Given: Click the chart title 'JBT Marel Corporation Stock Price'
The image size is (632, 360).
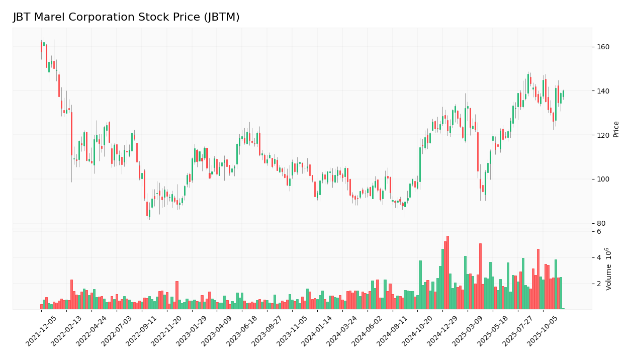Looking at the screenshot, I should (126, 18).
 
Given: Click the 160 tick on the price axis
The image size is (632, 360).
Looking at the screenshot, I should (603, 47).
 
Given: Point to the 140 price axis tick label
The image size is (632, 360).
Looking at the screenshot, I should (603, 91).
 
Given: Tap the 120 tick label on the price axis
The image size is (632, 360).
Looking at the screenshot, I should (603, 135).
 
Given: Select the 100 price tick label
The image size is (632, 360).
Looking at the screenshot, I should (603, 179).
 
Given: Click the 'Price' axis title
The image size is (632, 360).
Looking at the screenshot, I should (616, 129).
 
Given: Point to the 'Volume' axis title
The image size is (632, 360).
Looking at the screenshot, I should (609, 269).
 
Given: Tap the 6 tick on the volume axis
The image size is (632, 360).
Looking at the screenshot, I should (599, 232).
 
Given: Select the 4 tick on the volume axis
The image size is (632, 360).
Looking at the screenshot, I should (599, 258).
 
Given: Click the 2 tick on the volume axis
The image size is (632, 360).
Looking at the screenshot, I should (599, 284).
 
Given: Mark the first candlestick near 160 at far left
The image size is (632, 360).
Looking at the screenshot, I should (42, 47).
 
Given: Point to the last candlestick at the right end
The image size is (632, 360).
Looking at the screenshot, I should (563, 94).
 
